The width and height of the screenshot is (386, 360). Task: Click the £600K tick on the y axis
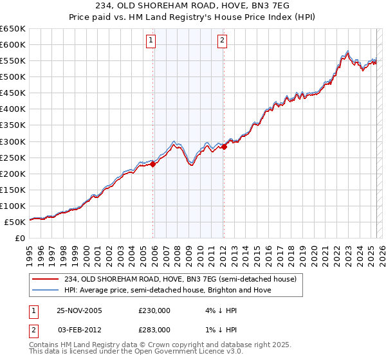(13, 44)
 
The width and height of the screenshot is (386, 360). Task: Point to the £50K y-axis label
(15, 222)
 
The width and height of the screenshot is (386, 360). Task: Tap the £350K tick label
(13, 125)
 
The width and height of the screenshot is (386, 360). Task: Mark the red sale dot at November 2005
(153, 164)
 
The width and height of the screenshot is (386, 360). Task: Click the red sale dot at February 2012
(224, 147)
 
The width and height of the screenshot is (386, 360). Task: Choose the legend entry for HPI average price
(167, 290)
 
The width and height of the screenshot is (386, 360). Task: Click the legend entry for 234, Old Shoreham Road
(180, 279)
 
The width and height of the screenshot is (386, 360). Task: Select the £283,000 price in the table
(154, 329)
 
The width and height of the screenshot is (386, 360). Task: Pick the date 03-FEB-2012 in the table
(78, 329)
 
